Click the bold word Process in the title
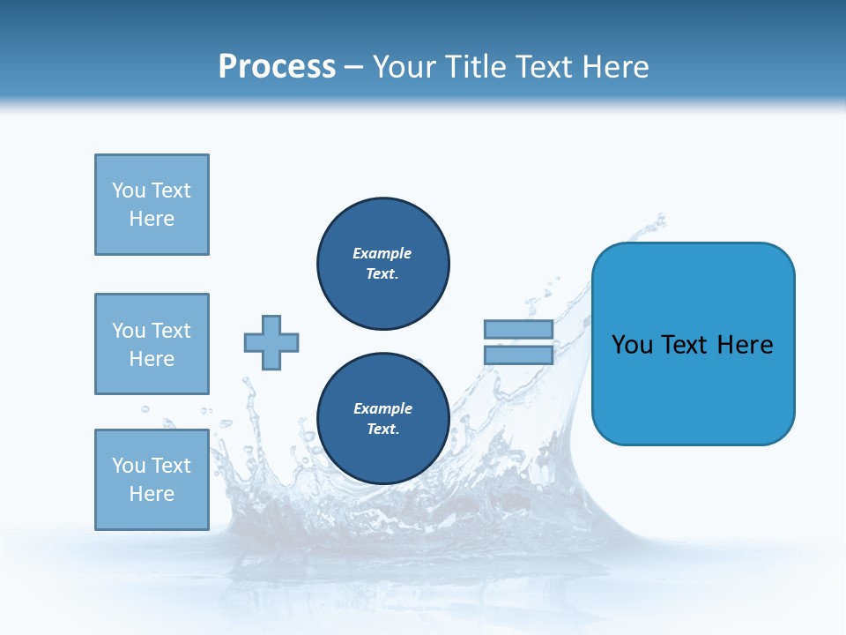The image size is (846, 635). pos(277,67)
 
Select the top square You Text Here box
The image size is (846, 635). pos(152,205)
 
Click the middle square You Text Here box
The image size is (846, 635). pos(152,344)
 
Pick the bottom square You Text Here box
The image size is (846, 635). pos(152,479)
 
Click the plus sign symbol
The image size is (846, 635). pos(271,342)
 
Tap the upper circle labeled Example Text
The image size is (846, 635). pos(383,264)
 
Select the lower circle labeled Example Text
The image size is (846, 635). pos(383,419)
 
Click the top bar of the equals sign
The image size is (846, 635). pos(518,330)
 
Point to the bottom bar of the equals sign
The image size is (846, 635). pos(518,355)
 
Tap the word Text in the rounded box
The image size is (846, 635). pos(686,345)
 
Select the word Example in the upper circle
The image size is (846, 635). pos(382,253)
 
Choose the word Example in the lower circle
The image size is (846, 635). pos(382,408)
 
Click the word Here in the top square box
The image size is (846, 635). pos(152,219)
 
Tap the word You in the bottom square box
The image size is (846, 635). pos(129,466)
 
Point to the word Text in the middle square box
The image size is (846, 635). pos(171,331)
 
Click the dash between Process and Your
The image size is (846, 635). pos(354,67)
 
